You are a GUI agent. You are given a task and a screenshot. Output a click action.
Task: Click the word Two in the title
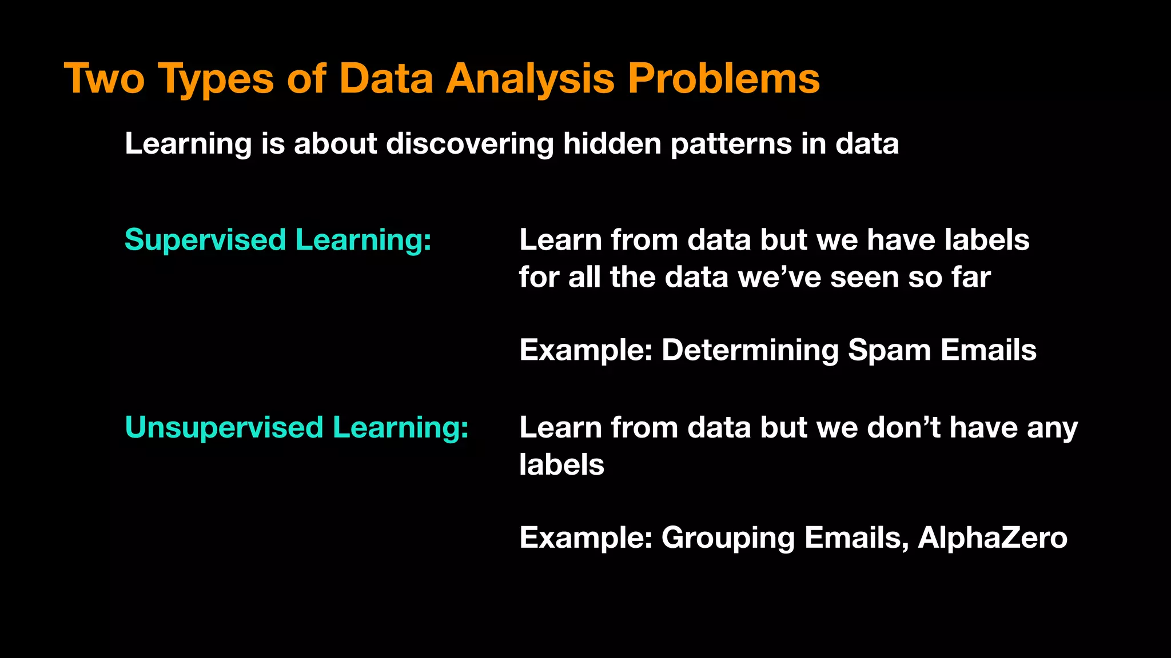[x=104, y=78]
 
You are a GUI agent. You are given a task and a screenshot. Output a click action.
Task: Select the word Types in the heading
[x=216, y=79]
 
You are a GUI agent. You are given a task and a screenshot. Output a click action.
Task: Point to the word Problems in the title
[x=723, y=78]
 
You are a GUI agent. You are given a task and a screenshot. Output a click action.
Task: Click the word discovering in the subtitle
[x=469, y=143]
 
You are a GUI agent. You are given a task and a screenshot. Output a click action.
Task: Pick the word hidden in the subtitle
[x=612, y=143]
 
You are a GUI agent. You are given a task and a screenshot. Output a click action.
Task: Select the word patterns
[x=731, y=145]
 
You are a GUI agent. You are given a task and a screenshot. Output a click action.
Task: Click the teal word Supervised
[x=205, y=240]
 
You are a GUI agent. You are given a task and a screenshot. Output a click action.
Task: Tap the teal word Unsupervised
[x=224, y=427]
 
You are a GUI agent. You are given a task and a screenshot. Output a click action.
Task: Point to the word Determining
[x=750, y=350]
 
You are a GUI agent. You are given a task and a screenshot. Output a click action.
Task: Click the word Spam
[x=889, y=350]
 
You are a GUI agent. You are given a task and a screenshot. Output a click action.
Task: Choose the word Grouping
[x=728, y=538]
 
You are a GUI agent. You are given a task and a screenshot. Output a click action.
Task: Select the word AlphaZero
[x=992, y=538]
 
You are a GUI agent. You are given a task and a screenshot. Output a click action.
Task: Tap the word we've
[x=779, y=278]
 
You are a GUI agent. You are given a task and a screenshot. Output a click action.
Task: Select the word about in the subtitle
[x=335, y=143]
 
